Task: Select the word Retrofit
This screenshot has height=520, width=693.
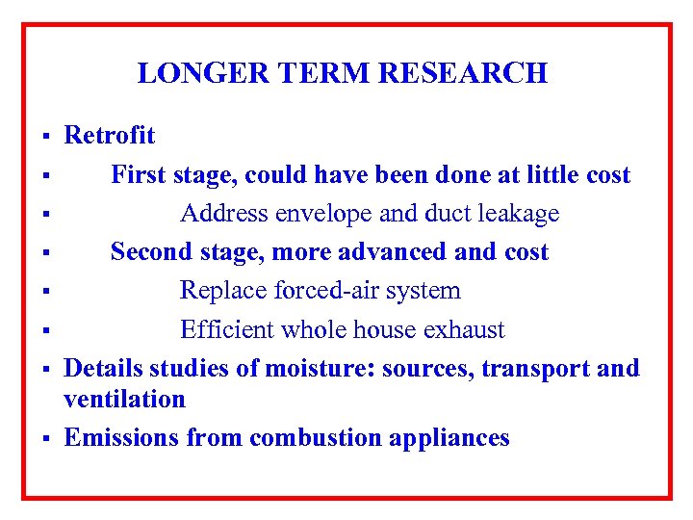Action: pyautogui.click(x=109, y=136)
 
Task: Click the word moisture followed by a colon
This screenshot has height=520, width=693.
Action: pyautogui.click(x=321, y=369)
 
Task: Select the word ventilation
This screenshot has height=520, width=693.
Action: pyautogui.click(x=124, y=399)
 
